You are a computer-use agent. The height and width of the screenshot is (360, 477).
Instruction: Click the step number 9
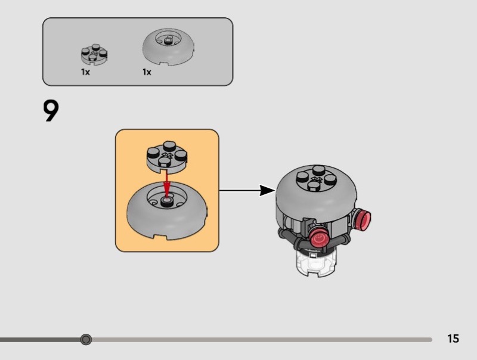[x=52, y=111]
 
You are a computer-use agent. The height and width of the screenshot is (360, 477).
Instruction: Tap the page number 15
[x=453, y=339]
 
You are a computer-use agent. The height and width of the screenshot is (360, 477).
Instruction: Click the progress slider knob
[x=86, y=340]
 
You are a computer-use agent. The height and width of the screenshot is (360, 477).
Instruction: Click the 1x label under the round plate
[x=85, y=72]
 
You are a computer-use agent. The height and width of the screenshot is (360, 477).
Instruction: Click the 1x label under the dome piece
[x=147, y=72]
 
